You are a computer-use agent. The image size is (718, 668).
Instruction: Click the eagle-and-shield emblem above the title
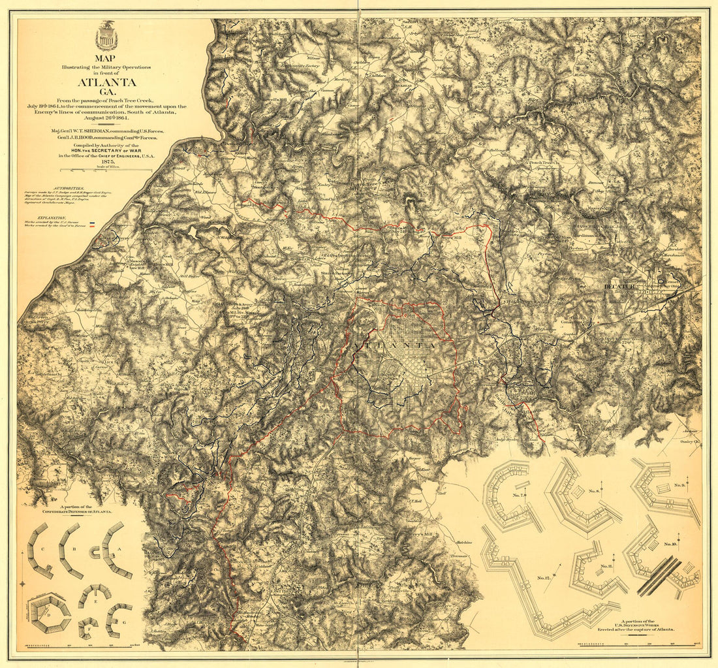tap(106, 37)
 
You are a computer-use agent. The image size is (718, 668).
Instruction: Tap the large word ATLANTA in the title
tap(107, 82)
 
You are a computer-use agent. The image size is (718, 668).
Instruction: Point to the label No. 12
tap(544, 579)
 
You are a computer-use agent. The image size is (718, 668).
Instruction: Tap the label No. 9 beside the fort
tap(679, 485)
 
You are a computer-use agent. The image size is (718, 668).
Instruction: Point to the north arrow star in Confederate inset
tap(22, 583)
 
